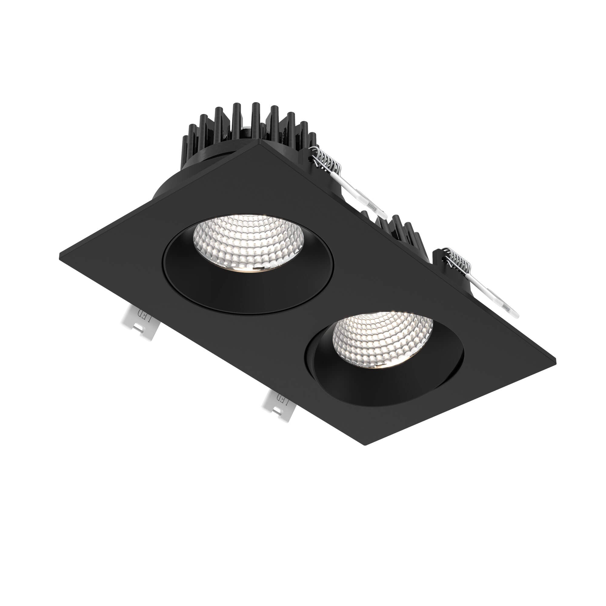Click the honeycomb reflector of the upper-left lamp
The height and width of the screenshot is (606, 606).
248,241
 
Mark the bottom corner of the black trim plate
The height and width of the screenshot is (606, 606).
366,445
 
